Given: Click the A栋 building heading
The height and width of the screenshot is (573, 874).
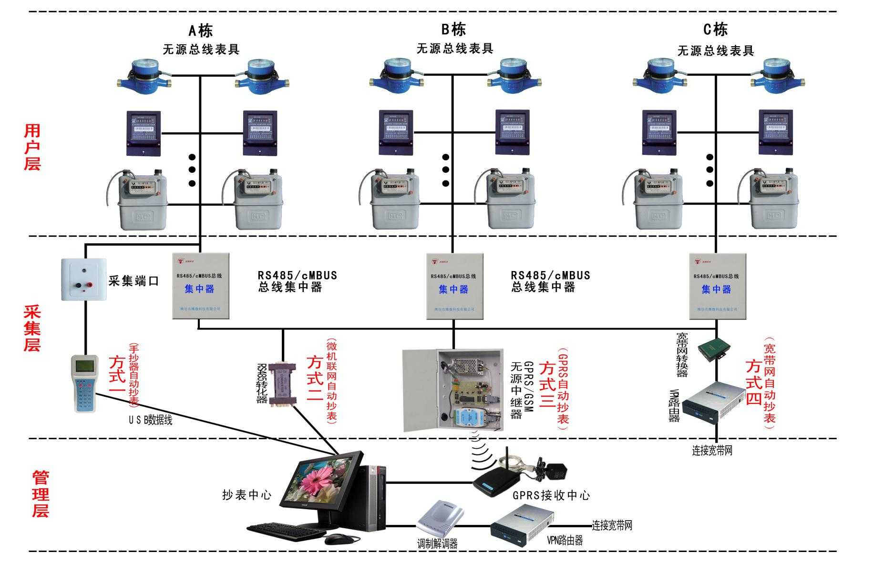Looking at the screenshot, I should (x=200, y=31).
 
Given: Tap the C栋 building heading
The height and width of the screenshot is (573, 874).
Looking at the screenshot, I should (x=715, y=30).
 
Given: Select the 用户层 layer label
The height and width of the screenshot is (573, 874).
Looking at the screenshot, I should (x=32, y=147).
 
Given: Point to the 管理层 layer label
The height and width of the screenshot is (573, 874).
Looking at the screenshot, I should (x=41, y=494).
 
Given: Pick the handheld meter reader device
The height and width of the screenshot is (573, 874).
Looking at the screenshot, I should (x=85, y=383).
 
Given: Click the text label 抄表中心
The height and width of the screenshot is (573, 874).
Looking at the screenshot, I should (x=247, y=495).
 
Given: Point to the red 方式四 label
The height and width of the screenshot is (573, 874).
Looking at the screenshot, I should (x=754, y=382).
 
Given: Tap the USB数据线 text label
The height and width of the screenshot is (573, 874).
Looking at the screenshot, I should (x=150, y=420).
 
